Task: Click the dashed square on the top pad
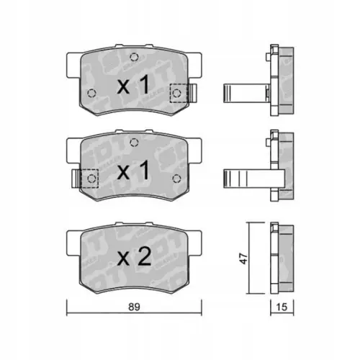pos(177,93)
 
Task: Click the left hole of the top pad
pos(89,93)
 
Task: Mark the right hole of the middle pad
pos(176,178)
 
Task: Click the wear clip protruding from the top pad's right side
pos(192,93)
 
